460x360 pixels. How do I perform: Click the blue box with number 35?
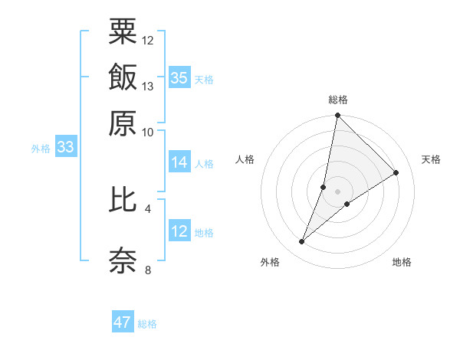pos(179,77)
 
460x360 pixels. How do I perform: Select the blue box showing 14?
pos(179,162)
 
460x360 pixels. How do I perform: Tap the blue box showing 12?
pos(179,231)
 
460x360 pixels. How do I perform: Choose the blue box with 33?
pos(65,147)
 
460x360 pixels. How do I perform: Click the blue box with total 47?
pos(123,322)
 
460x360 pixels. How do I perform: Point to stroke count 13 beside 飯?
pos(148,87)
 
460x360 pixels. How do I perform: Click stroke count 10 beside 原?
pos(148,132)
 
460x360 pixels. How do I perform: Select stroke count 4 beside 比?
pos(148,208)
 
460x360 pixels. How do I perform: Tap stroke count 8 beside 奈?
pos(148,270)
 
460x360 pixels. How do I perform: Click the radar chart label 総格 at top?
pos(338,100)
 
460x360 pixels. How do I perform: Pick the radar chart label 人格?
pos(245,159)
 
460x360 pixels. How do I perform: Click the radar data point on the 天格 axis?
pos(396,173)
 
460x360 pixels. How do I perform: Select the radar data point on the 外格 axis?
pos(302,242)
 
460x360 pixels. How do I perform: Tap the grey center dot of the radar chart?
pos(338,191)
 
